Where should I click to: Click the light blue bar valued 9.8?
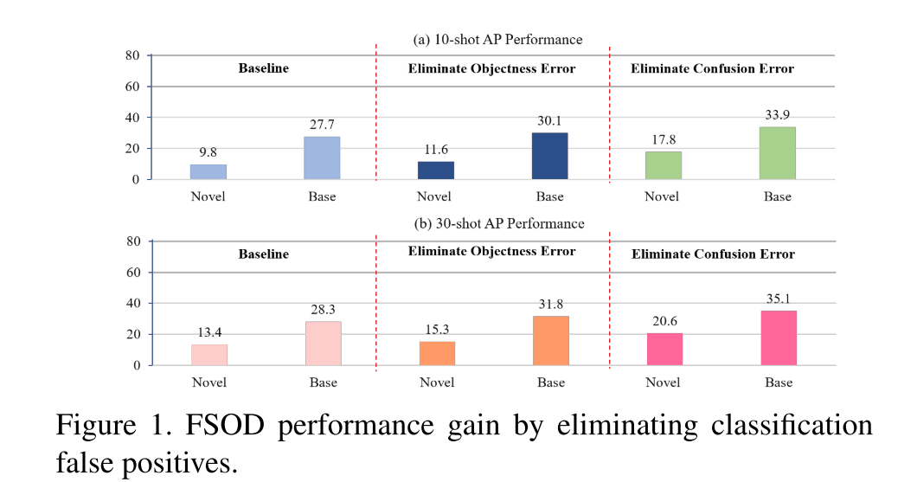pos(208,171)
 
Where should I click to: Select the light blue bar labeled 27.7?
pos(322,157)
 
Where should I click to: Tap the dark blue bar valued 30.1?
pos(550,156)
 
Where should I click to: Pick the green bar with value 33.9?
pos(777,153)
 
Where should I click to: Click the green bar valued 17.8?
pos(664,165)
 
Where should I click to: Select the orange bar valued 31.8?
pos(551,340)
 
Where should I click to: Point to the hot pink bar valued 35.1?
pos(778,337)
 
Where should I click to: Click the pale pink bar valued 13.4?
pos(208,355)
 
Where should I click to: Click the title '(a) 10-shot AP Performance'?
pos(497,39)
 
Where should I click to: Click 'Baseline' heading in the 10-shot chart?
pos(263,68)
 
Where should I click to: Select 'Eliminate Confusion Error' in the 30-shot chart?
pos(713,254)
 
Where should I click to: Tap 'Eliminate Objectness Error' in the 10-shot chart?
pos(491,68)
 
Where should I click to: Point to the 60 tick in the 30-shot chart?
pos(133,273)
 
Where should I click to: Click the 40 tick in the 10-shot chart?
pos(133,118)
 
